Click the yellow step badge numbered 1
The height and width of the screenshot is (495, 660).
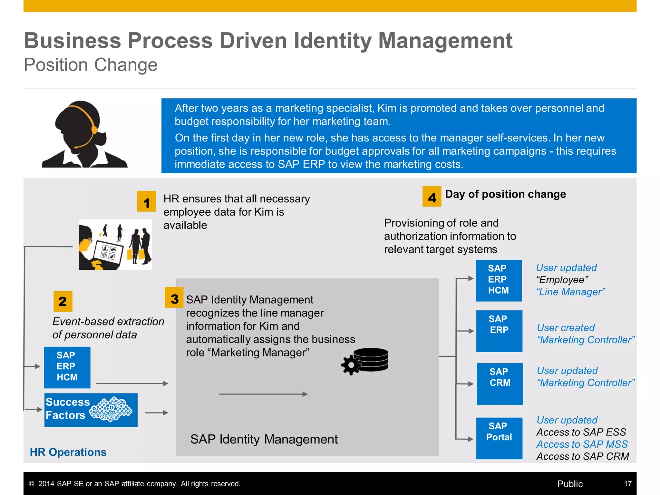(x=146, y=201)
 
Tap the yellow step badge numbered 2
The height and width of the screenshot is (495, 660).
(x=63, y=301)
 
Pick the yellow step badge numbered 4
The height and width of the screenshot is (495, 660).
(x=432, y=196)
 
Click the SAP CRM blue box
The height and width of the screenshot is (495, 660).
(x=500, y=383)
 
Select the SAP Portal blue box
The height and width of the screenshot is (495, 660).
(x=499, y=438)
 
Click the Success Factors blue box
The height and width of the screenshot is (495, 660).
(x=91, y=410)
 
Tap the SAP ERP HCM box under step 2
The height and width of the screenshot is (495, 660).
(x=67, y=367)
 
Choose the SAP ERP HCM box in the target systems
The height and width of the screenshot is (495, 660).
(x=499, y=280)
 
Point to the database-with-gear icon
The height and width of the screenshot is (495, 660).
(x=365, y=361)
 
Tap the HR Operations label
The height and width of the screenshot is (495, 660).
(x=68, y=452)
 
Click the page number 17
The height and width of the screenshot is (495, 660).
(x=627, y=484)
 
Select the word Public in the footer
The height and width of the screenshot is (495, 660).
(x=570, y=484)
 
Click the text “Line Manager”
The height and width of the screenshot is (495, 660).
(x=571, y=292)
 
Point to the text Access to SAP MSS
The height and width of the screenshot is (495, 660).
(x=582, y=444)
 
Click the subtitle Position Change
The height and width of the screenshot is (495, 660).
(x=91, y=65)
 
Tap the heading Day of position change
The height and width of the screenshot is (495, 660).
(x=505, y=194)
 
